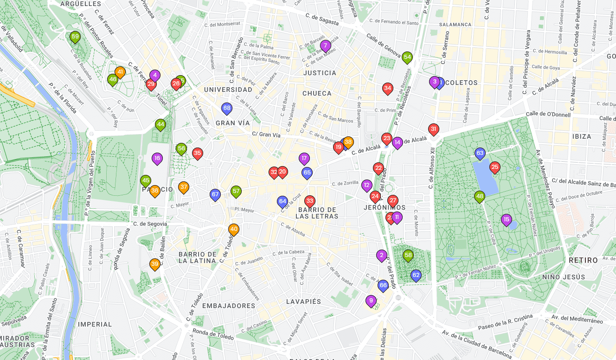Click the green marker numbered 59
tap(75, 37)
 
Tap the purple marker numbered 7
tap(325, 45)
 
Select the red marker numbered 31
tap(434, 129)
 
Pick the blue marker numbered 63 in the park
tap(480, 153)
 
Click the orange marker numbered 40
tap(234, 229)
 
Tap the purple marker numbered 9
tap(371, 300)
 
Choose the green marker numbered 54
tap(407, 58)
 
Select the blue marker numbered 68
tap(226, 109)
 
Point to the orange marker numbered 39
tap(155, 264)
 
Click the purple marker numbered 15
tap(506, 219)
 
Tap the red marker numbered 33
tap(310, 201)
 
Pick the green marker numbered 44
tap(160, 124)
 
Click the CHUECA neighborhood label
tap(317, 93)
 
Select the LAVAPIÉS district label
tap(303, 302)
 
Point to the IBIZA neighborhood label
tap(582, 136)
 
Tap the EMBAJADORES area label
tap(229, 306)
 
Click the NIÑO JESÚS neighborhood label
tap(564, 277)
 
